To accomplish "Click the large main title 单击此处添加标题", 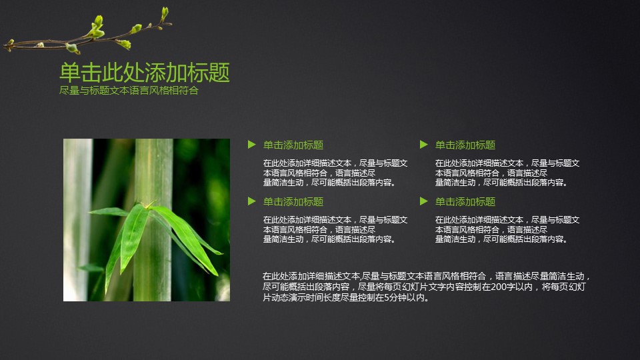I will coord(145,72).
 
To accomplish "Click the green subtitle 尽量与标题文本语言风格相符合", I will coord(129,91).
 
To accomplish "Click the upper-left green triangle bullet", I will coord(251,144).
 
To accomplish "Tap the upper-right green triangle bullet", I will coord(423,144).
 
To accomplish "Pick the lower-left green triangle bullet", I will coord(251,201).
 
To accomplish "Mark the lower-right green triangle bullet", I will coord(423,201).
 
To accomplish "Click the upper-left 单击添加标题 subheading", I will coord(293,145).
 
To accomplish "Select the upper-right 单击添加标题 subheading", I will coord(465,145).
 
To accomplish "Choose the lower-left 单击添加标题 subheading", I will coord(293,201).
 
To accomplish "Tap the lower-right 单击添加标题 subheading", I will coord(465,201).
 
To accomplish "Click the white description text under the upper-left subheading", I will coord(335,173).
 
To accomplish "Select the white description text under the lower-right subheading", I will coord(507,229).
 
